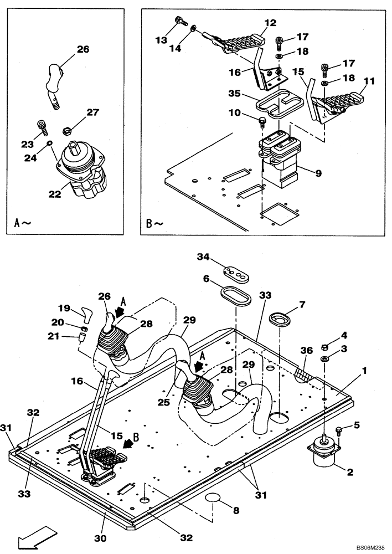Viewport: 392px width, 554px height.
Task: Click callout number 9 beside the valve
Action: pyautogui.click(x=317, y=173)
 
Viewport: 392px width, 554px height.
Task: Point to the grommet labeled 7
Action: pyautogui.click(x=280, y=319)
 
